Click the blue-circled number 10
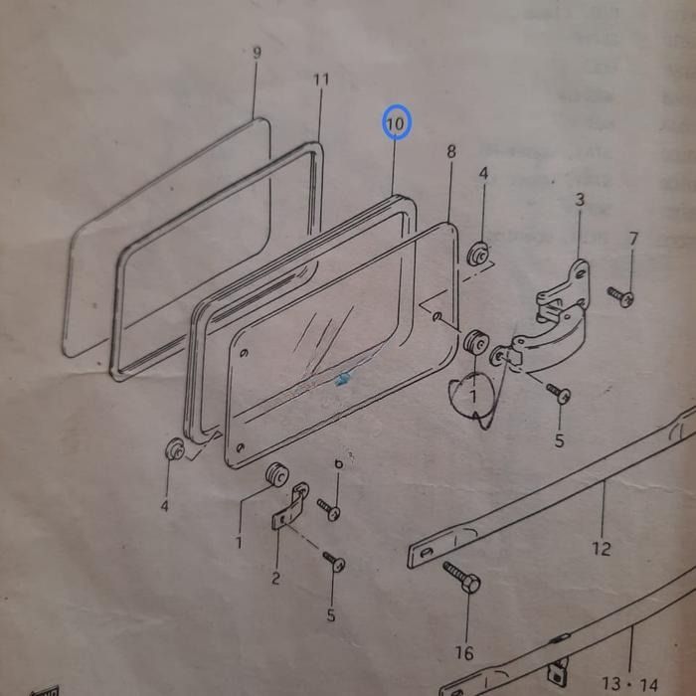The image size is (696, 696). tap(396, 123)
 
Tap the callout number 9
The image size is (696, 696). tap(257, 53)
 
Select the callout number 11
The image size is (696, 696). tap(320, 80)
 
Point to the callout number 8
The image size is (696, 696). tap(451, 151)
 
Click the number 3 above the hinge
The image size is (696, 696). tap(580, 200)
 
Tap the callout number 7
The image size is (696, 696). tap(633, 239)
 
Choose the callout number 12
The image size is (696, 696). tap(601, 547)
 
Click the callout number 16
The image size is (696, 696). tap(464, 652)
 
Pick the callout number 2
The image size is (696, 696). tap(275, 579)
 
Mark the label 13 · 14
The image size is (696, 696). tap(629, 684)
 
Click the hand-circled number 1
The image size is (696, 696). tap(474, 395)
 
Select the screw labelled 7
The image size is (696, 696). tap(620, 296)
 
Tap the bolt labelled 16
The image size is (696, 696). tap(462, 579)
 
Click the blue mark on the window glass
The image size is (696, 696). tap(344, 379)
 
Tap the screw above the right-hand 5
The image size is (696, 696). tap(559, 394)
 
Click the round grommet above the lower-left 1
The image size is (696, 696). tap(275, 476)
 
